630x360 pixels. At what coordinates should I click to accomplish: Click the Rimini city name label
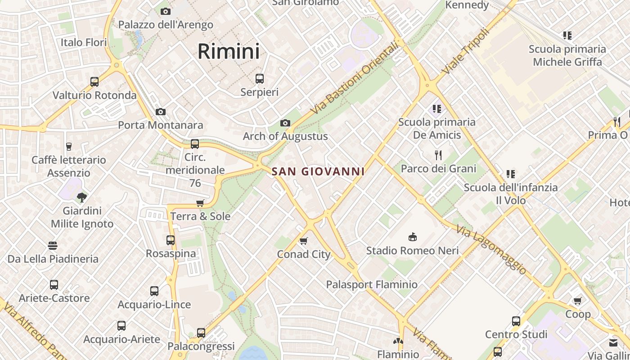tap(229, 51)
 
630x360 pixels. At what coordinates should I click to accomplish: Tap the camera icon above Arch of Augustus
tap(285, 123)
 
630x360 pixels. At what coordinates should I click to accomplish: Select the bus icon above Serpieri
tap(260, 79)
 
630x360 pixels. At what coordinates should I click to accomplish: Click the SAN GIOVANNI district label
tap(318, 171)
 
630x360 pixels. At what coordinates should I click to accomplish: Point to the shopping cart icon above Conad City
tap(304, 241)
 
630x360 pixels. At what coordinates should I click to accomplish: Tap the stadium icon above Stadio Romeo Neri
tap(412, 237)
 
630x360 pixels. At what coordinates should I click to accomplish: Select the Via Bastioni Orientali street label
tap(355, 78)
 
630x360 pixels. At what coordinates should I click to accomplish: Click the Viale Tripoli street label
tap(465, 52)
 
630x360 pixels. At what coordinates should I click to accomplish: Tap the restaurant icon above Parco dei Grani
tap(438, 155)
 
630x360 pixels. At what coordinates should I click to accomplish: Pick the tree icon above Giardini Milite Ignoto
tap(82, 197)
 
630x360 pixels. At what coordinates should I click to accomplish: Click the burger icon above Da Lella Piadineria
tap(53, 246)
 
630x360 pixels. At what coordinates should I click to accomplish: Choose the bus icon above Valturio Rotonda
tap(94, 82)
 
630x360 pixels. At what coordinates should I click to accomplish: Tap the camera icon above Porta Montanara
tap(161, 112)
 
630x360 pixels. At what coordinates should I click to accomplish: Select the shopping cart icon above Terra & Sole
tap(200, 203)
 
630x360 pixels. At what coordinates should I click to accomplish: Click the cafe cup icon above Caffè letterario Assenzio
tap(69, 146)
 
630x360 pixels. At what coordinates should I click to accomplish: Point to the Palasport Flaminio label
tap(372, 284)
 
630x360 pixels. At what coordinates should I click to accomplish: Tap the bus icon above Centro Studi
tap(516, 321)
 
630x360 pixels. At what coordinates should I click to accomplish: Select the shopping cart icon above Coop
tap(578, 301)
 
